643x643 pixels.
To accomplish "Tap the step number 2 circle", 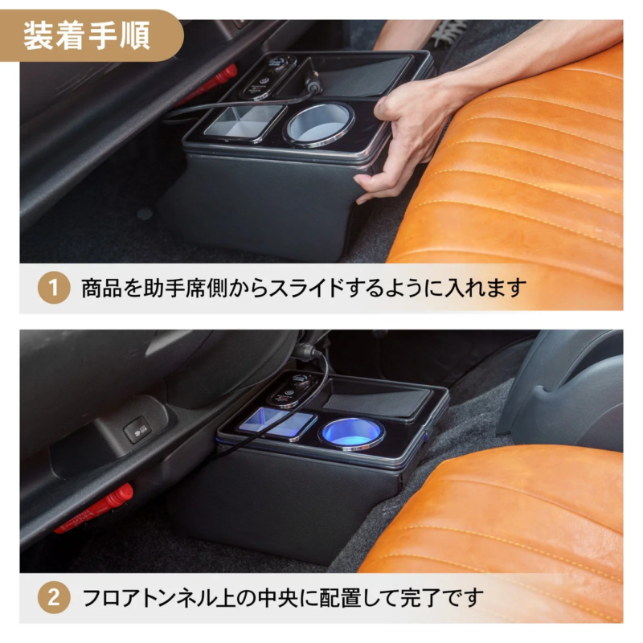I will coord(54,598).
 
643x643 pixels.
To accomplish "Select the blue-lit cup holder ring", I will coord(351,433).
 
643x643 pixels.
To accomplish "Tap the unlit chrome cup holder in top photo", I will coord(319,123).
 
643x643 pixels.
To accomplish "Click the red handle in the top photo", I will coord(211,83).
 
